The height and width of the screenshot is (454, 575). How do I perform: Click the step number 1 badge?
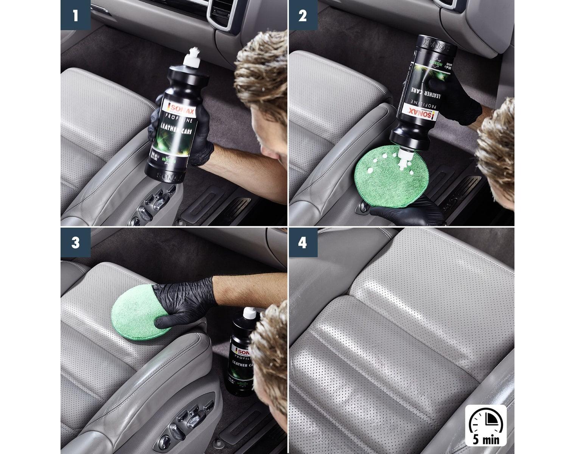[75, 15]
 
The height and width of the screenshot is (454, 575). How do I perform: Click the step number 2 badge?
[302, 15]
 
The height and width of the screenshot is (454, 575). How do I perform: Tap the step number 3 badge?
[75, 243]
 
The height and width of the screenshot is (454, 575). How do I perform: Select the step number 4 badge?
[302, 243]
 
